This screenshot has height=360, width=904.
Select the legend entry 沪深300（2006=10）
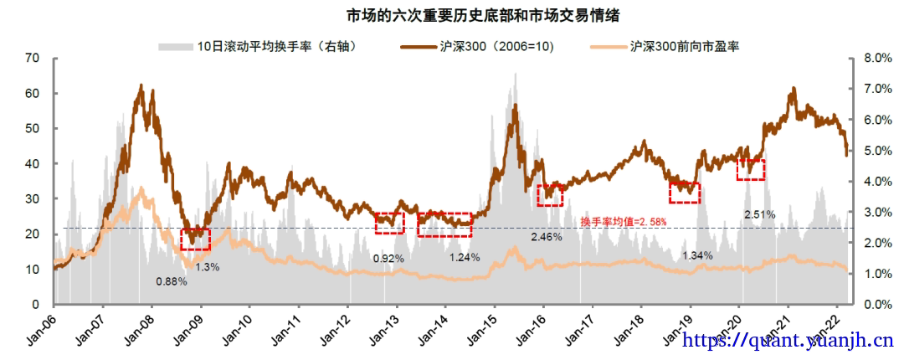[485, 46]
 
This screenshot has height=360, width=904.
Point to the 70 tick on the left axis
[33, 58]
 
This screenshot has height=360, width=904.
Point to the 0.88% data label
[171, 281]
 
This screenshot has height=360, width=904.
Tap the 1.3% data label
[208, 267]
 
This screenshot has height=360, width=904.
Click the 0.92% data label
[388, 259]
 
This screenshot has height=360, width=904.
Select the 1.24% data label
[465, 257]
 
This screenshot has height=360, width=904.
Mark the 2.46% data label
[546, 237]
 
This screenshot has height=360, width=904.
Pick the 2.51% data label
[759, 214]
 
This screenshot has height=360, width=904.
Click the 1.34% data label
[697, 255]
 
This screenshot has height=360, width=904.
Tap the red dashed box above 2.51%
[751, 169]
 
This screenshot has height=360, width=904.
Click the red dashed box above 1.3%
[195, 239]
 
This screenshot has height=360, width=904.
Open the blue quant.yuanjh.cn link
[788, 341]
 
